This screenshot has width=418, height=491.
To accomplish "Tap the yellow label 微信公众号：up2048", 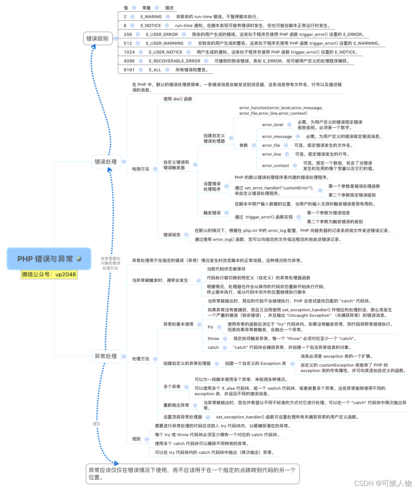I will click(49, 275).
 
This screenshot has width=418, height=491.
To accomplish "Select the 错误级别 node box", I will click(97, 39).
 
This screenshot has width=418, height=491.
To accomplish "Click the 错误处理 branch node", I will click(106, 162).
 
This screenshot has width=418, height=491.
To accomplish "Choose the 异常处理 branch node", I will click(106, 356).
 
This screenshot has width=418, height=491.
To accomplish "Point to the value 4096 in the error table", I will click(129, 61).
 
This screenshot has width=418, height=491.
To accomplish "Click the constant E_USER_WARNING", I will click(165, 43).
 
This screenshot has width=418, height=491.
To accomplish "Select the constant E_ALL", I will click(155, 70).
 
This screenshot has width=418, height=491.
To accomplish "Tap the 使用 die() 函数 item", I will click(178, 99).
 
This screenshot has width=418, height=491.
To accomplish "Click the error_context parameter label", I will click(275, 166).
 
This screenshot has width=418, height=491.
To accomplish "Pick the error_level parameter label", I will click(273, 125).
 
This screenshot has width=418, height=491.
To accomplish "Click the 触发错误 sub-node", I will click(212, 213).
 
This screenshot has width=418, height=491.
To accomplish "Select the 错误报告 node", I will click(172, 235).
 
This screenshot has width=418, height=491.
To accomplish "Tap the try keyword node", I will click(210, 327).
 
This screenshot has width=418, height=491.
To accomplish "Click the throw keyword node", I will click(213, 339).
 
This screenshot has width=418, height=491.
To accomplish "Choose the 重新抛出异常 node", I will click(176, 405).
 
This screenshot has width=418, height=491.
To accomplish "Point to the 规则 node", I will click(136, 439).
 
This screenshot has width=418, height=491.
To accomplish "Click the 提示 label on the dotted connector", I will click(97, 424).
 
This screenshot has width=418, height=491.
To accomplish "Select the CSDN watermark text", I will click(383, 483).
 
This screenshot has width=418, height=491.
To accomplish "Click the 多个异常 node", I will click(172, 386).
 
